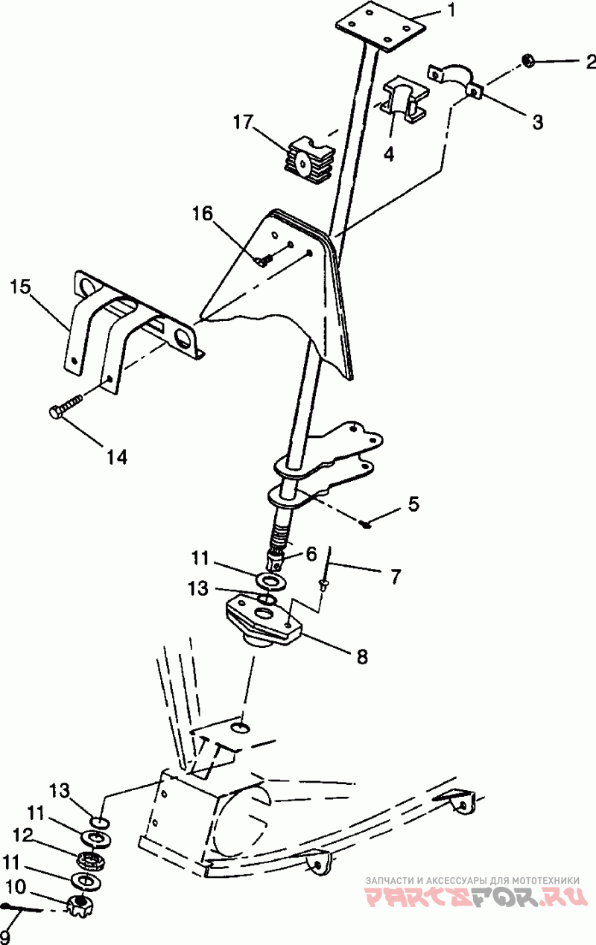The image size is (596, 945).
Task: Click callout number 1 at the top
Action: click(450, 11)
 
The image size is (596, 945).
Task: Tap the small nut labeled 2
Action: click(528, 61)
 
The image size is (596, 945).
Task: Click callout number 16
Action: click(203, 214)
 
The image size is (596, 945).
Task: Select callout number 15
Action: click(22, 287)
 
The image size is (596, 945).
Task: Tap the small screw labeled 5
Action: click(365, 524)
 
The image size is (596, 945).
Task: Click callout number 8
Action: click(361, 657)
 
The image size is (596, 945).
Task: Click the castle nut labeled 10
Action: click(79, 906)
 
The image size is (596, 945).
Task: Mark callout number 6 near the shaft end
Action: click(310, 553)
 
